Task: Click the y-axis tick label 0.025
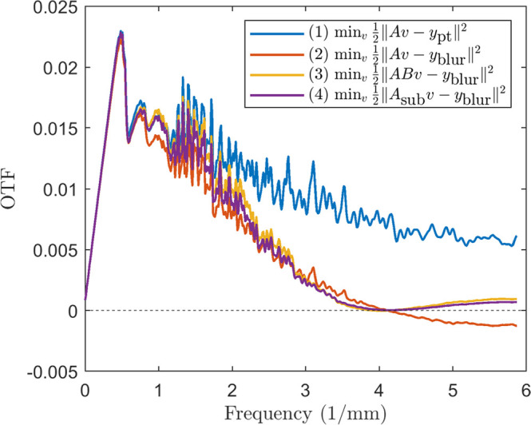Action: click(57, 8)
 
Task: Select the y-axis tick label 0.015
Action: click(57, 129)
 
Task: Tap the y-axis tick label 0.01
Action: click(61, 190)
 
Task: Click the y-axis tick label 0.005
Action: click(57, 250)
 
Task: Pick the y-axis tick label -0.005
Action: click(55, 371)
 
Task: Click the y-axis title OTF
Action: click(14, 189)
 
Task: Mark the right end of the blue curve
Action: click(517, 236)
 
